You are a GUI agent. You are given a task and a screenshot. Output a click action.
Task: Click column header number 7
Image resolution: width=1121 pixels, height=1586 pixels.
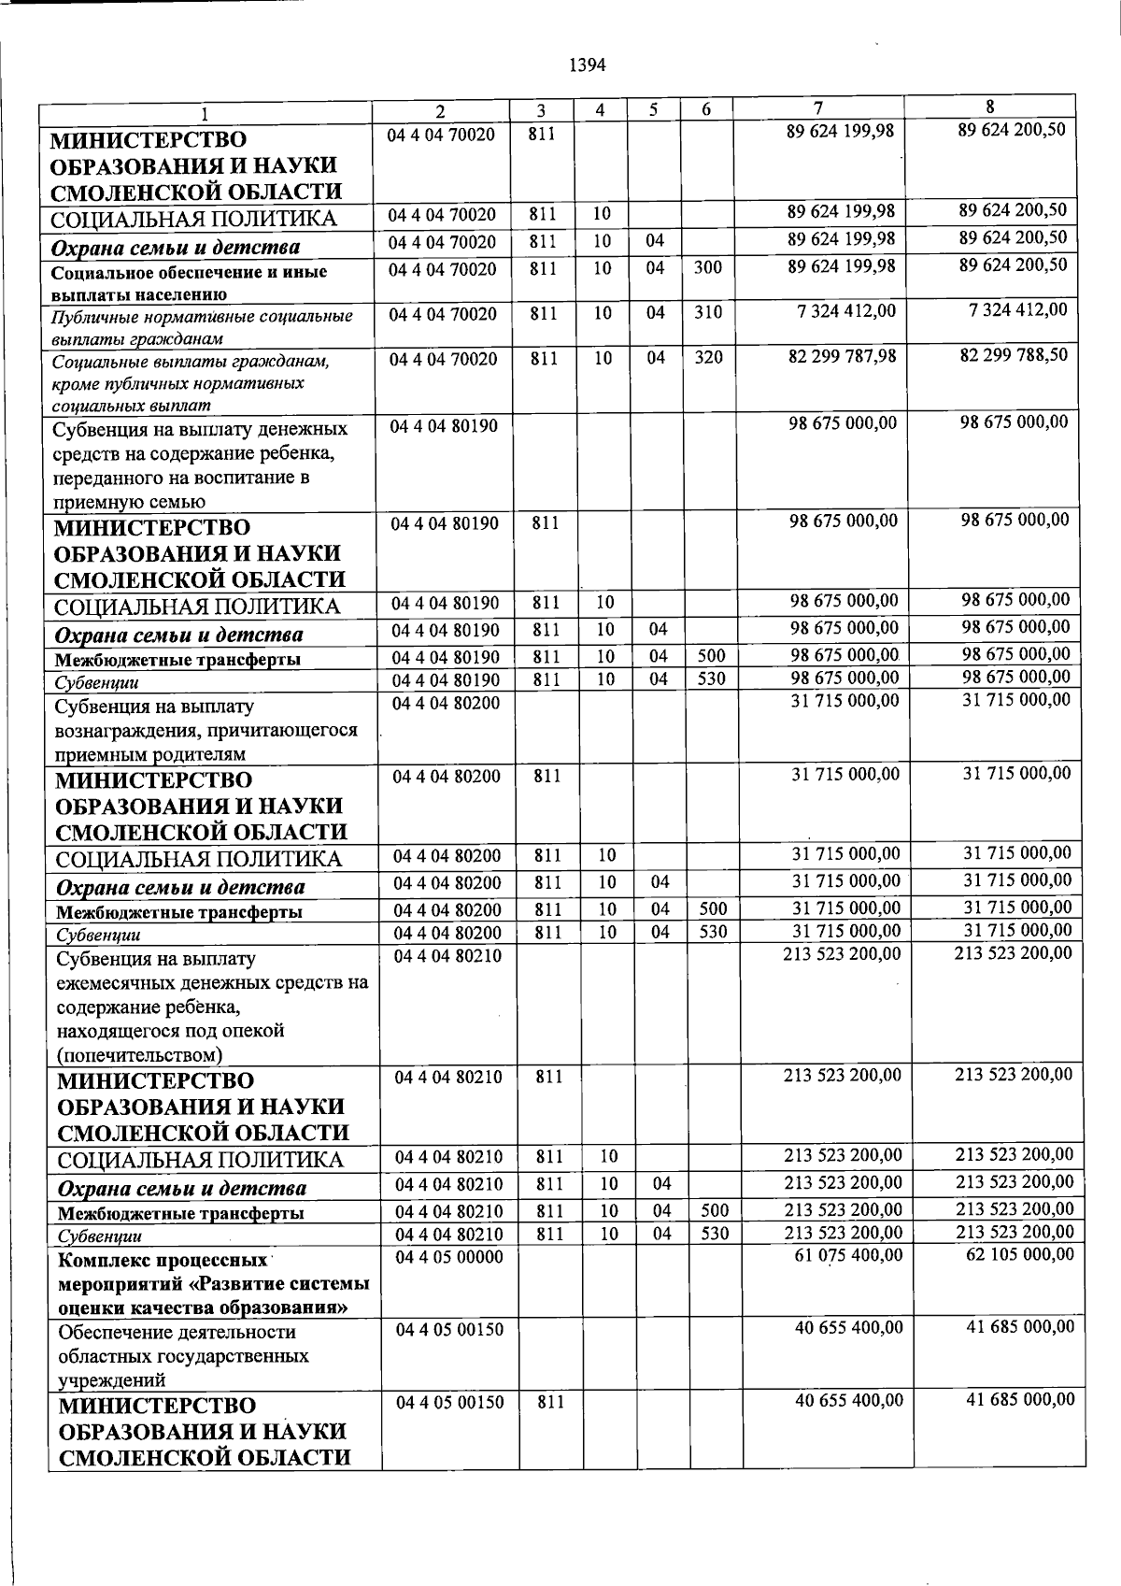[x=818, y=107]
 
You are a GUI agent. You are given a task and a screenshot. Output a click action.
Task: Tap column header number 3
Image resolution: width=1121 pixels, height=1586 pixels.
[x=541, y=109]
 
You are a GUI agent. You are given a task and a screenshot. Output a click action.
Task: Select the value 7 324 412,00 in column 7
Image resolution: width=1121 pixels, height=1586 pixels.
[x=846, y=311]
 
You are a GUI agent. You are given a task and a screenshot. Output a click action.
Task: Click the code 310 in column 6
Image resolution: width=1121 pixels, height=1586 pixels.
[x=708, y=313]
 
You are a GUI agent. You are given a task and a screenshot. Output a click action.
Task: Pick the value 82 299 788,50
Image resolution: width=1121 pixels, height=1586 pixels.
[x=1014, y=355]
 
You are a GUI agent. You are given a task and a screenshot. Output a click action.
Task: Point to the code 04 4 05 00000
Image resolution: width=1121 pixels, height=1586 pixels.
[x=449, y=1257]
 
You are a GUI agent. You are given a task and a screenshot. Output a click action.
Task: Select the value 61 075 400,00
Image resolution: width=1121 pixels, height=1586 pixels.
[x=848, y=1255]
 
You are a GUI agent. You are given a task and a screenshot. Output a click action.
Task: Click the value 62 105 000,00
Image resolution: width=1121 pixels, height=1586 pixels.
[x=1019, y=1253]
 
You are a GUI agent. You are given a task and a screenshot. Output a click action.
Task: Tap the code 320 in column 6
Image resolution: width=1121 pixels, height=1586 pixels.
[x=708, y=358]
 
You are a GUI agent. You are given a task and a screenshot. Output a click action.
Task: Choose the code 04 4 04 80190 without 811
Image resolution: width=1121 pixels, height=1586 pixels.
[x=445, y=426]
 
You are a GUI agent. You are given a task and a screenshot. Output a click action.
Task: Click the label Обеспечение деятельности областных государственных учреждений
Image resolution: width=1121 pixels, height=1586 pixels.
[x=177, y=1355]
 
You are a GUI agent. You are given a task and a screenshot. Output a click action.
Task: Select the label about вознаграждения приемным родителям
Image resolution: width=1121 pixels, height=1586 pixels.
[x=206, y=730]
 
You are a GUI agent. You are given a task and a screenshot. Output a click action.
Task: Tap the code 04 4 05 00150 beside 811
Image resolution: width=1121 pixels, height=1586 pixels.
[x=449, y=1402]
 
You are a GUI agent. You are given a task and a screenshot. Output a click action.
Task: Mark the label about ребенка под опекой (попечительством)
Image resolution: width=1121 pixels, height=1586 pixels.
[x=211, y=1007]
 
